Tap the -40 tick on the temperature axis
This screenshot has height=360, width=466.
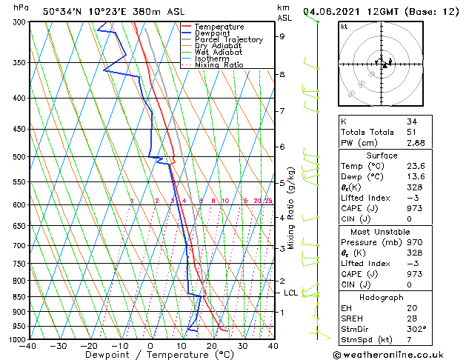point(29,346)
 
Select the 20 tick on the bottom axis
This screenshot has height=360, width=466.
point(212,346)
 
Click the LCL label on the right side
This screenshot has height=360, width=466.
point(291,293)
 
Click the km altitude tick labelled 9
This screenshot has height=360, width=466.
point(282,36)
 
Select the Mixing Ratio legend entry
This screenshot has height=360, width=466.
point(219,65)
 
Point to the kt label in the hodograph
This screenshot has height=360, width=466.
point(344,26)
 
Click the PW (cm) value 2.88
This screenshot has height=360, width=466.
point(415,142)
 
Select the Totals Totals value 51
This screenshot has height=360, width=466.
point(411,132)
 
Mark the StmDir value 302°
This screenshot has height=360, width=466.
point(416,328)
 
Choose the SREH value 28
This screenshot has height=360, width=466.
point(411,318)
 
